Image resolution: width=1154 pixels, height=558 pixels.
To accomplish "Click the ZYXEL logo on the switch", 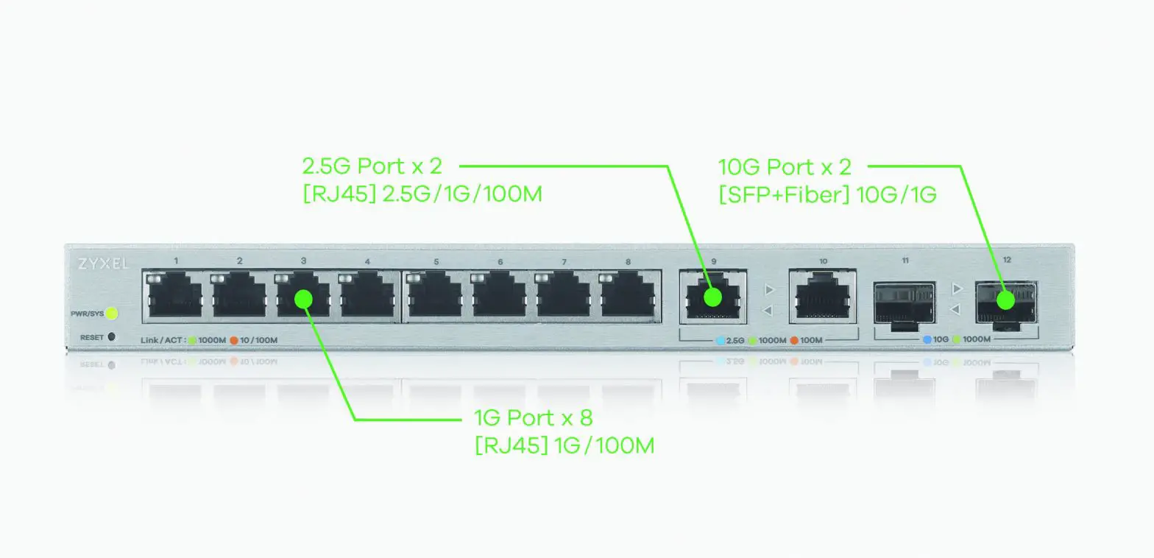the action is point(102,264).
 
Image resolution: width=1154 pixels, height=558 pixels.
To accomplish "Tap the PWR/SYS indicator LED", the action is point(112,314).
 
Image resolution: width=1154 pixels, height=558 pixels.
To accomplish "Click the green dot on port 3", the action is point(304,298).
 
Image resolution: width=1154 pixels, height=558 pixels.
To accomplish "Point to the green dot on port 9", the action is point(712,297).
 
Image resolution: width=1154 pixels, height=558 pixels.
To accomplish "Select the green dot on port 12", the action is point(1005,300).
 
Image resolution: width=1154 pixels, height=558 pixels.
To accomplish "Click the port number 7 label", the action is point(564,262).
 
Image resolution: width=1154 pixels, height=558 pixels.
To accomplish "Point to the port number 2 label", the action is point(239,261).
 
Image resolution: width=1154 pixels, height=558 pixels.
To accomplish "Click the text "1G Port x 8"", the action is point(533,419).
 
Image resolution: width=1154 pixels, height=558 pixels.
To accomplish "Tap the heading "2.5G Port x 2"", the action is point(372,166).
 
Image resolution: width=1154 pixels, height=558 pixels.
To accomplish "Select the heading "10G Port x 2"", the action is point(785,167).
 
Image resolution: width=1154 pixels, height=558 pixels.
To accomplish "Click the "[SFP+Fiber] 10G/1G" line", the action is point(826,196).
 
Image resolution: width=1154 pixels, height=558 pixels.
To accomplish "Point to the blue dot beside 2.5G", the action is point(721,341).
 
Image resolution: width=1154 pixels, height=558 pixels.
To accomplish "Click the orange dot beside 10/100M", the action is point(233,340).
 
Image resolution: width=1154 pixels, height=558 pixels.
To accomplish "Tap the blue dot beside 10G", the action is point(927,339).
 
